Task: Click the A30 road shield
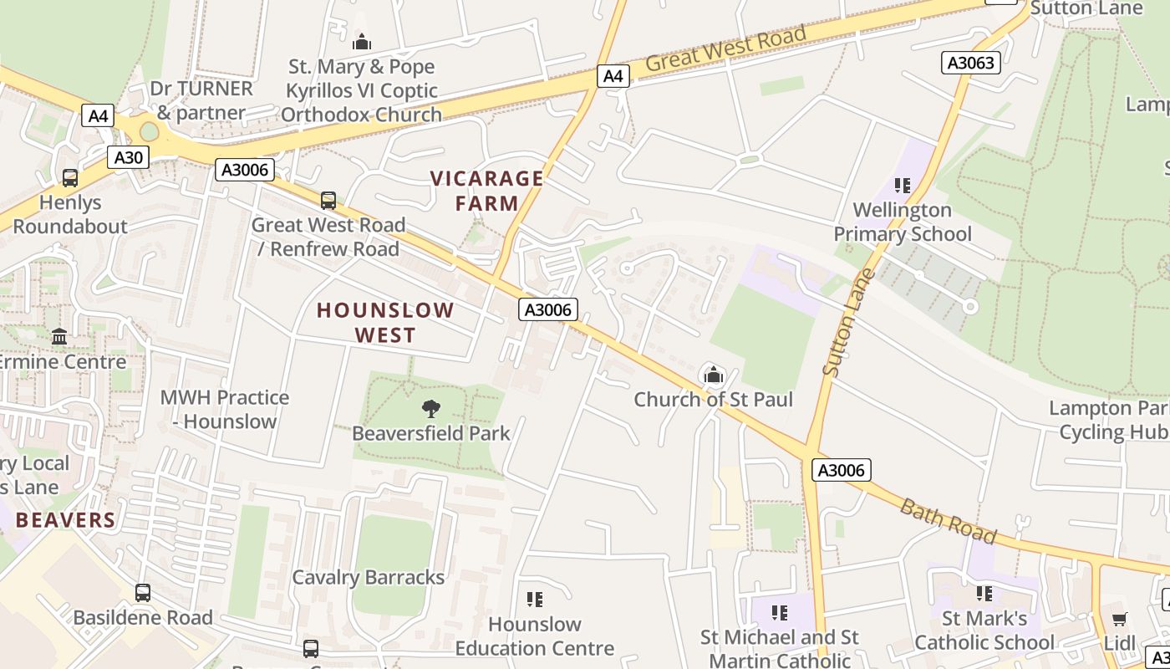(x=128, y=157)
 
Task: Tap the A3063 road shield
(x=972, y=63)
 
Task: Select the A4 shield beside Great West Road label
(x=613, y=76)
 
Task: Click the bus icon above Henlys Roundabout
(x=70, y=177)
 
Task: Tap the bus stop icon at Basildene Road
(x=143, y=593)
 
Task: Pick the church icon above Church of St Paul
(x=713, y=375)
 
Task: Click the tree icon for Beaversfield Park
(x=430, y=409)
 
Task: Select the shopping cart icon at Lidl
(x=1119, y=619)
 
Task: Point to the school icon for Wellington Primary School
(x=902, y=185)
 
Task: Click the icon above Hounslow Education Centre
(x=535, y=600)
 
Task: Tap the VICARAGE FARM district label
(x=486, y=191)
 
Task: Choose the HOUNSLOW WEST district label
(x=385, y=323)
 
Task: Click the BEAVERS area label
(x=65, y=520)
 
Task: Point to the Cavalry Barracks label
(x=368, y=577)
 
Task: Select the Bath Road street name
(x=949, y=520)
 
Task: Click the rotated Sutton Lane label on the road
(x=847, y=322)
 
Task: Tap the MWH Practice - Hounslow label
(x=225, y=409)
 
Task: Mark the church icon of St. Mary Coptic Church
(x=361, y=41)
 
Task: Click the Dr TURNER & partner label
(x=201, y=100)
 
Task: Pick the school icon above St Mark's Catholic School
(x=984, y=594)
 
